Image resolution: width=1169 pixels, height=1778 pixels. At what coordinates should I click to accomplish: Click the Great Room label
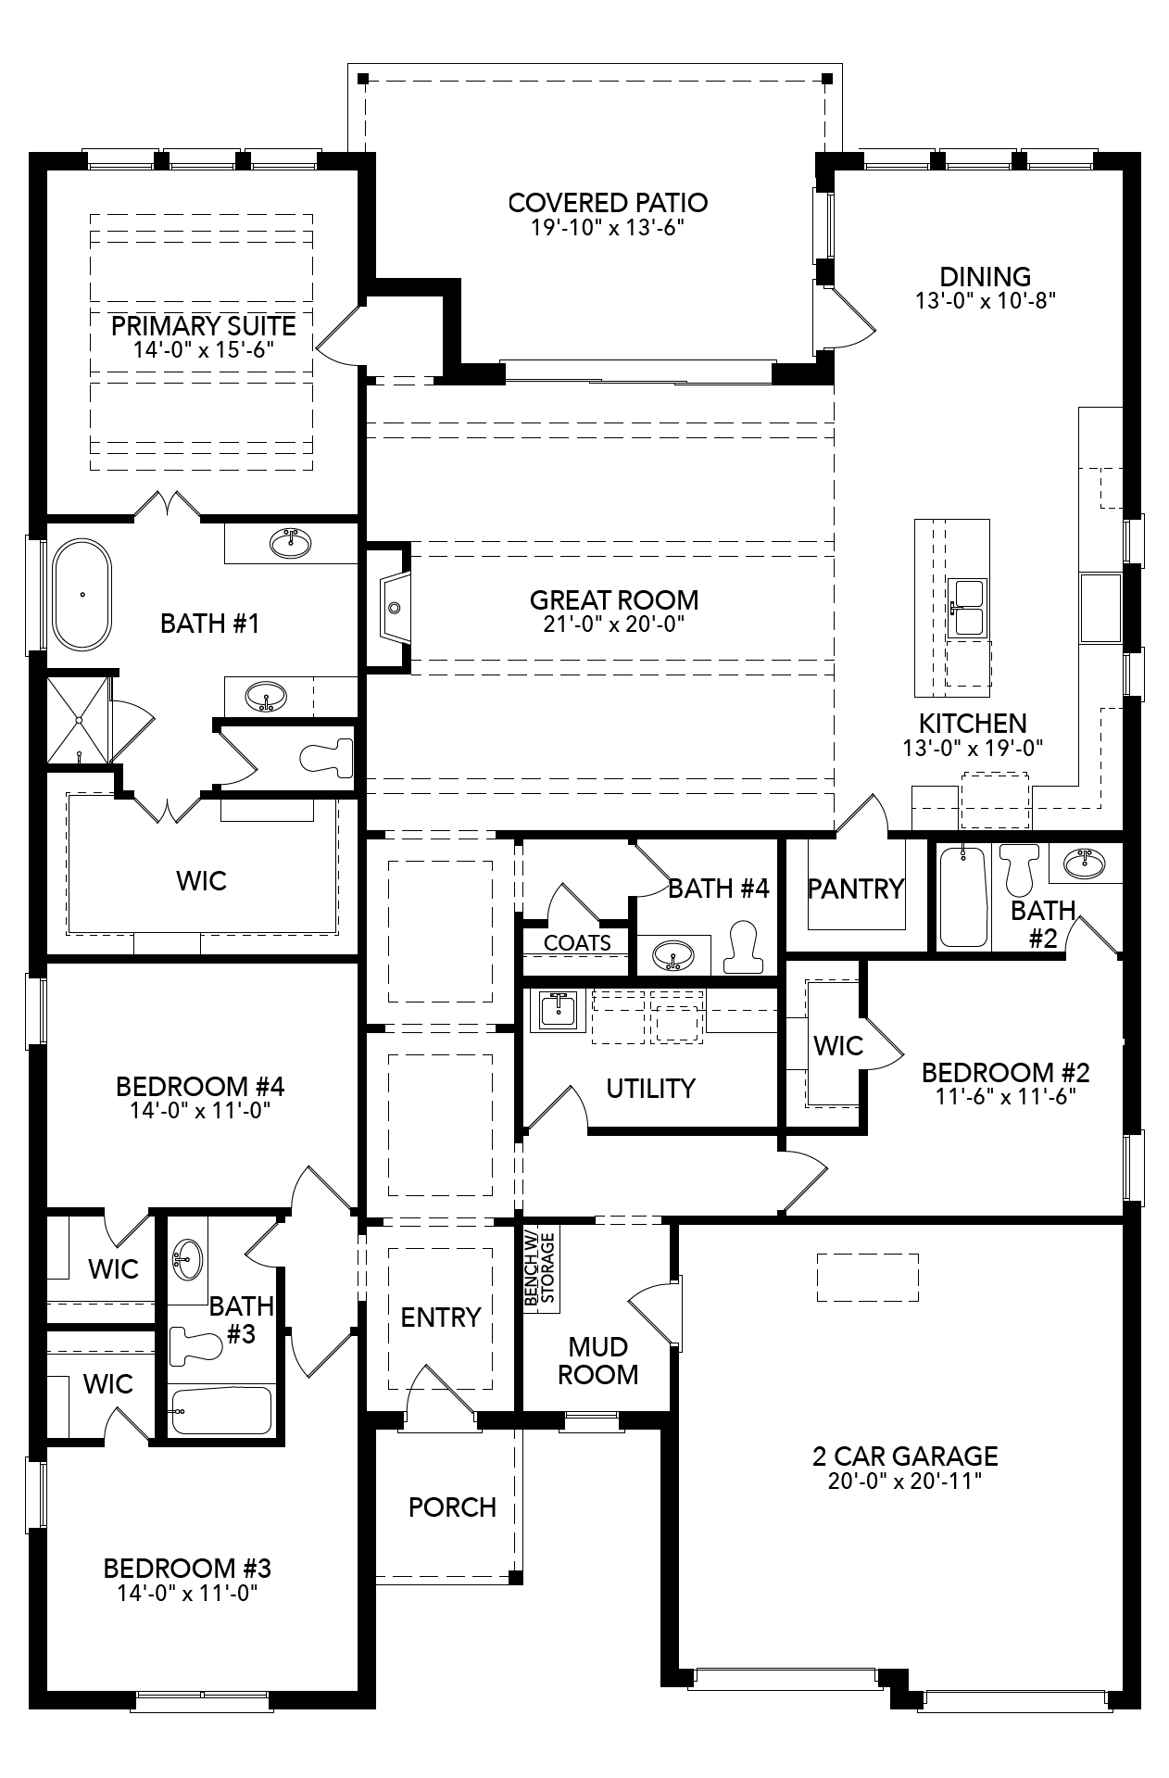pyautogui.click(x=613, y=599)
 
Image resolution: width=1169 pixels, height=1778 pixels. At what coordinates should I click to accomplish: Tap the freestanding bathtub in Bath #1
pyautogui.click(x=82, y=596)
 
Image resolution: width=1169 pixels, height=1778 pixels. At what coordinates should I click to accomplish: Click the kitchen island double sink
pyautogui.click(x=968, y=608)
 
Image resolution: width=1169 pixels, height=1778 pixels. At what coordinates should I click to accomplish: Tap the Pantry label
pyautogui.click(x=855, y=889)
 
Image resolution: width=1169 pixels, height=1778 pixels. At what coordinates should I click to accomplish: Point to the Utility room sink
pyautogui.click(x=555, y=1011)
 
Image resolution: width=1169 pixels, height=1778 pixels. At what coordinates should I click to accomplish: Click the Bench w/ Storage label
pyautogui.click(x=539, y=1268)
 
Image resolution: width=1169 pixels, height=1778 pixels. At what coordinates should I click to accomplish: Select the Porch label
pyautogui.click(x=452, y=1507)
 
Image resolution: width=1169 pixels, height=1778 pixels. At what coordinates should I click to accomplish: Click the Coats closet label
pyautogui.click(x=577, y=943)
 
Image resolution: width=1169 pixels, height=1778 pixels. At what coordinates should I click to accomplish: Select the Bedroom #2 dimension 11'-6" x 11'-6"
pyautogui.click(x=1005, y=1096)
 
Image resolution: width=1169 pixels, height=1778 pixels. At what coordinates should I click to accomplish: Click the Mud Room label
pyautogui.click(x=598, y=1360)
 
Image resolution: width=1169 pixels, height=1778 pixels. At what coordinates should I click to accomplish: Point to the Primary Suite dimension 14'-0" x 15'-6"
pyautogui.click(x=203, y=349)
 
